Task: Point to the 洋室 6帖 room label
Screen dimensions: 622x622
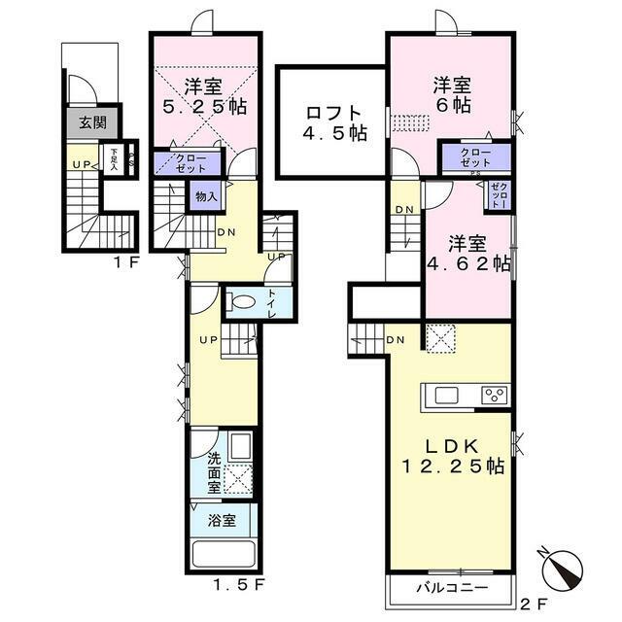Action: click(x=451, y=94)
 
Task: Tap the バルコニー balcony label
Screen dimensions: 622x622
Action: click(x=451, y=589)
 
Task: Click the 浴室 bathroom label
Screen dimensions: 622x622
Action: click(x=223, y=520)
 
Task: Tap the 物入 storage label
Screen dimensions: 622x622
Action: click(x=206, y=196)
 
